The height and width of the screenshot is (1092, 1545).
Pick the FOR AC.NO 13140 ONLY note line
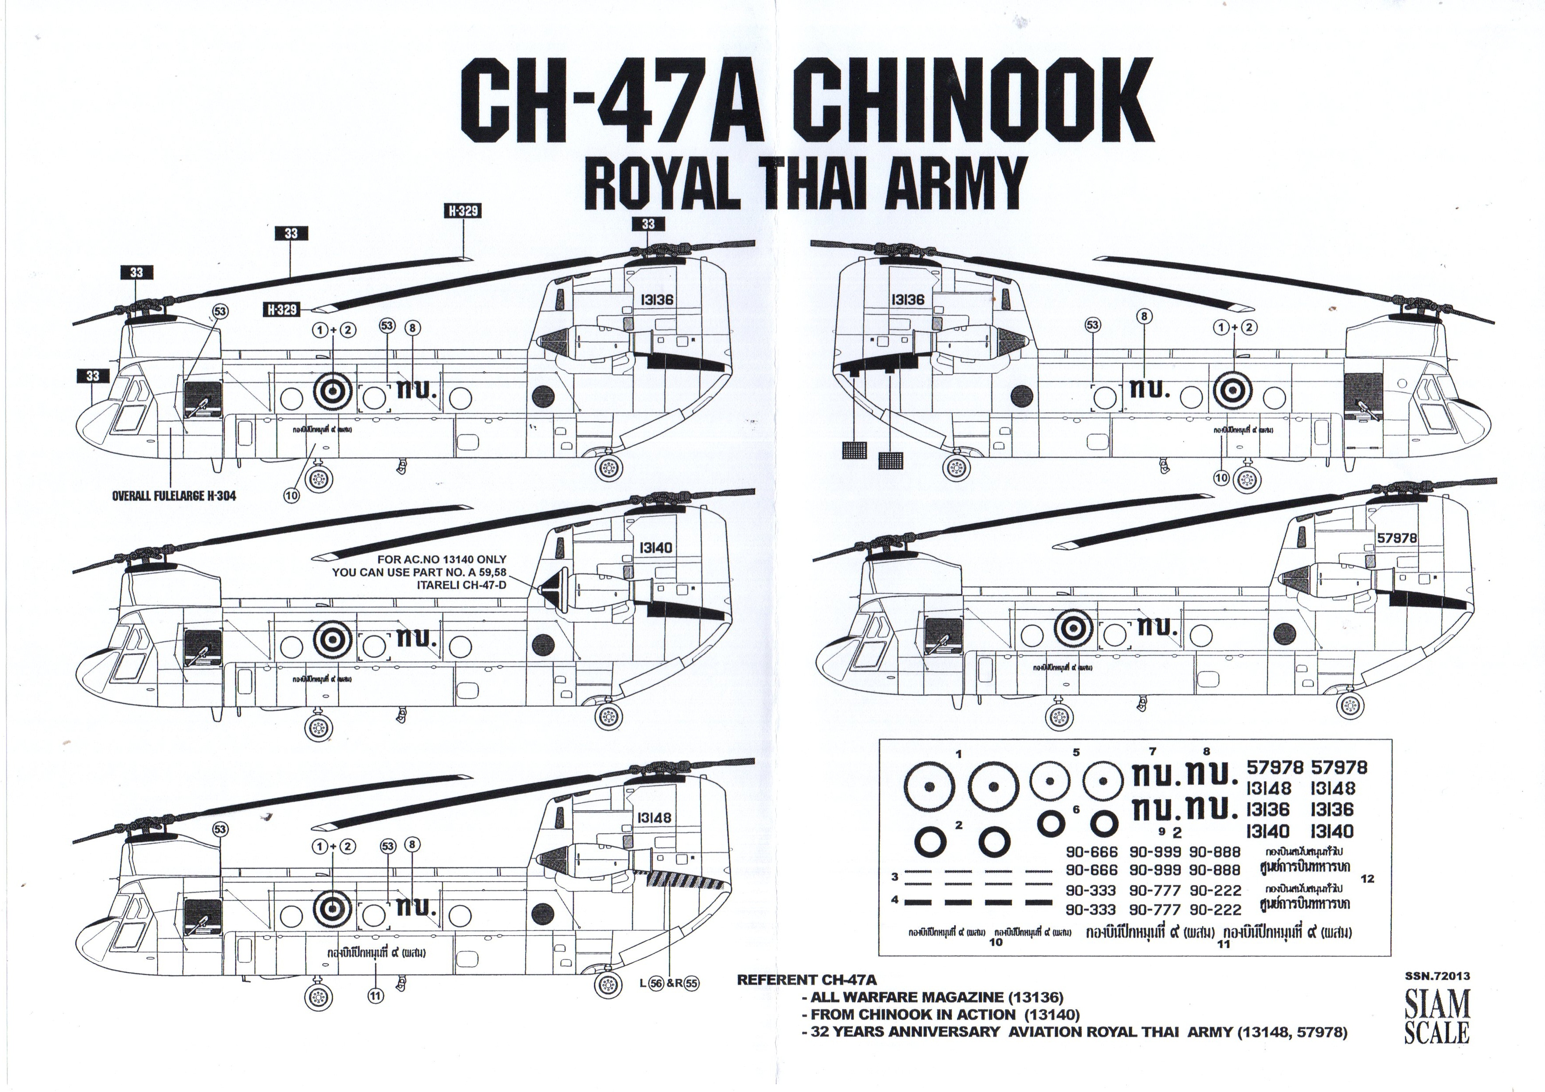pos(442,559)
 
